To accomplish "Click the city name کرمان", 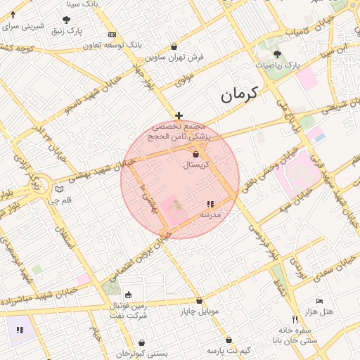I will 239,93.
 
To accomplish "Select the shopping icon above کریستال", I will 195,155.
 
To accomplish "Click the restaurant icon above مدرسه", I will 210,204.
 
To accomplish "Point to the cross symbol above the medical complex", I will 179,115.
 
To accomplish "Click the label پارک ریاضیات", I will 278,64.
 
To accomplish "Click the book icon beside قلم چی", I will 60,189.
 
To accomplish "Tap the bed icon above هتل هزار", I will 320,301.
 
